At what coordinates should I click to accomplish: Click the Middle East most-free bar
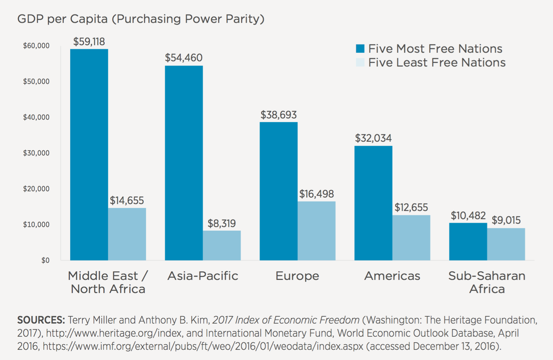pos(89,155)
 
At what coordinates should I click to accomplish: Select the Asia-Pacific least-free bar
pos(222,245)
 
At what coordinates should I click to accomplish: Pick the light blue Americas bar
pos(411,238)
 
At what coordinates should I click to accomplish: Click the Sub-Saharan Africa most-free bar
pos(468,242)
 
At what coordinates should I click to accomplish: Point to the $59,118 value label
pos(89,42)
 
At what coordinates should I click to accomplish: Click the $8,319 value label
pos(222,223)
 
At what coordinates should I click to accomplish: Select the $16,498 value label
pos(317,194)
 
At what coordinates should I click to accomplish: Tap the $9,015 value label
pos(506,220)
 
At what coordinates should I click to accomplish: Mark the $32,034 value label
pos(373,138)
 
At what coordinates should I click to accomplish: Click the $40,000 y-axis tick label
pos(36,117)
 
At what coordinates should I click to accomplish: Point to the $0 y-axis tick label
pos(45,260)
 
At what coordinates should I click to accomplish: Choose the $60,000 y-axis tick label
pos(36,46)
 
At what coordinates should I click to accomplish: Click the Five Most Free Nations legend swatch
pos(360,49)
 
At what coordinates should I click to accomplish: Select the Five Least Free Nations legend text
pos(437,63)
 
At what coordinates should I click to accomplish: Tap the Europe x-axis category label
pos(297,276)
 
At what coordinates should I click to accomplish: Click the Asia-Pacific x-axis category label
pos(203,276)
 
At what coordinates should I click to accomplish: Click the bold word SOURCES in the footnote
pos(41,320)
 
